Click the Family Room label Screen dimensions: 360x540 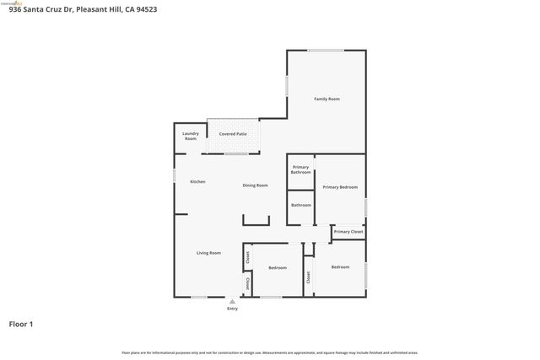(327, 99)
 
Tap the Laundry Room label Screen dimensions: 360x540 (191, 136)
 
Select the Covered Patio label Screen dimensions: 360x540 (233, 134)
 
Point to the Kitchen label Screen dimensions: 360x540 (197, 182)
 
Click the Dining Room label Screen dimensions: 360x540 (255, 185)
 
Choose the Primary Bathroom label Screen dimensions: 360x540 (301, 169)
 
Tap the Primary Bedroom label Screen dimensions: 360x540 (340, 187)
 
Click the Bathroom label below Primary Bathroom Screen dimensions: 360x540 (301, 205)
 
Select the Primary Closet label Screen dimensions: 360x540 (348, 232)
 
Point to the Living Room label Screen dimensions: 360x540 (208, 253)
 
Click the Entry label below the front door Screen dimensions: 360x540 (232, 309)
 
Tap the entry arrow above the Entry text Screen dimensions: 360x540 (232, 301)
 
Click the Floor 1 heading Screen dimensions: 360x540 (21, 324)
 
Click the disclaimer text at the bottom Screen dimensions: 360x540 (270, 352)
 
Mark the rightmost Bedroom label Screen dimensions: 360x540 (340, 267)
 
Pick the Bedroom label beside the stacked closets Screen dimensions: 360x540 (278, 268)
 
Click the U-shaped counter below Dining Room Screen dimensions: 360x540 (256, 220)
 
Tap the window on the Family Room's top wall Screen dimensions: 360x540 (325, 51)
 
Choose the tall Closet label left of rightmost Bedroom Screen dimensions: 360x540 (310, 277)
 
